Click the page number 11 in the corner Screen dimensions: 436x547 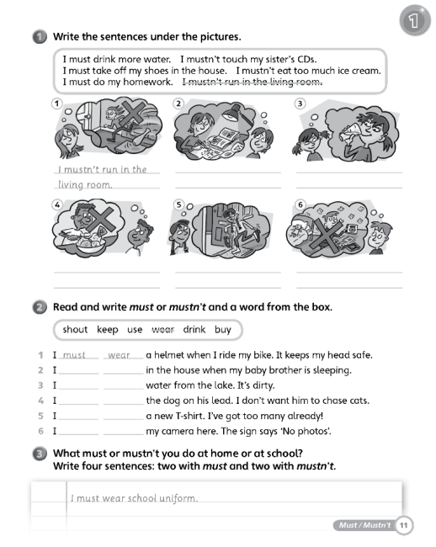pyautogui.click(x=403, y=525)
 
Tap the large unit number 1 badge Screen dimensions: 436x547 pyautogui.click(x=415, y=20)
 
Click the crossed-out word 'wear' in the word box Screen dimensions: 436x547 pyautogui.click(x=163, y=329)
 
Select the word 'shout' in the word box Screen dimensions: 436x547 pyautogui.click(x=75, y=329)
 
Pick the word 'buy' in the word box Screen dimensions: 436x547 pyautogui.click(x=223, y=330)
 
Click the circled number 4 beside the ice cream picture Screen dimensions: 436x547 pyautogui.click(x=57, y=204)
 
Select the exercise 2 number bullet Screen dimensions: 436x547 pyautogui.click(x=40, y=307)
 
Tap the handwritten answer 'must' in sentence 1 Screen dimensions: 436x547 pyautogui.click(x=74, y=355)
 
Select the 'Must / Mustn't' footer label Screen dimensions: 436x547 pyautogui.click(x=364, y=525)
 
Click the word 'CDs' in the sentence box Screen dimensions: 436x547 pyautogui.click(x=306, y=59)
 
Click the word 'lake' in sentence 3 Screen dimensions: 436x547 pyautogui.click(x=222, y=385)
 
